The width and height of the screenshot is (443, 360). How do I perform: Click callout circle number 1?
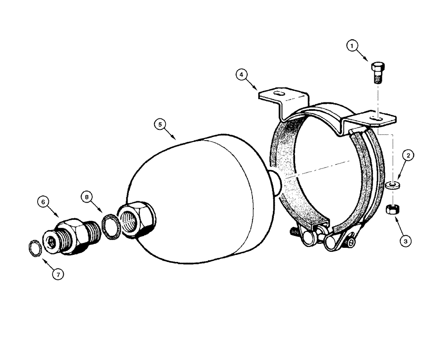pyautogui.click(x=352, y=46)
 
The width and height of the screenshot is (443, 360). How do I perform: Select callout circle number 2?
pyautogui.click(x=408, y=156)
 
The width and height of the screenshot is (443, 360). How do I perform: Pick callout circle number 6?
pyautogui.click(x=43, y=202)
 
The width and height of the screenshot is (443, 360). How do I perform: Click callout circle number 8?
pyautogui.click(x=86, y=196)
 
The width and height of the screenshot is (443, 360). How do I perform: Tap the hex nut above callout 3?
pyautogui.click(x=392, y=208)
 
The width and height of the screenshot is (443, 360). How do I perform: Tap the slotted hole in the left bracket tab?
pyautogui.click(x=279, y=94)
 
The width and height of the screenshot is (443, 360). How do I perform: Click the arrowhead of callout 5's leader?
pyautogui.click(x=176, y=139)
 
